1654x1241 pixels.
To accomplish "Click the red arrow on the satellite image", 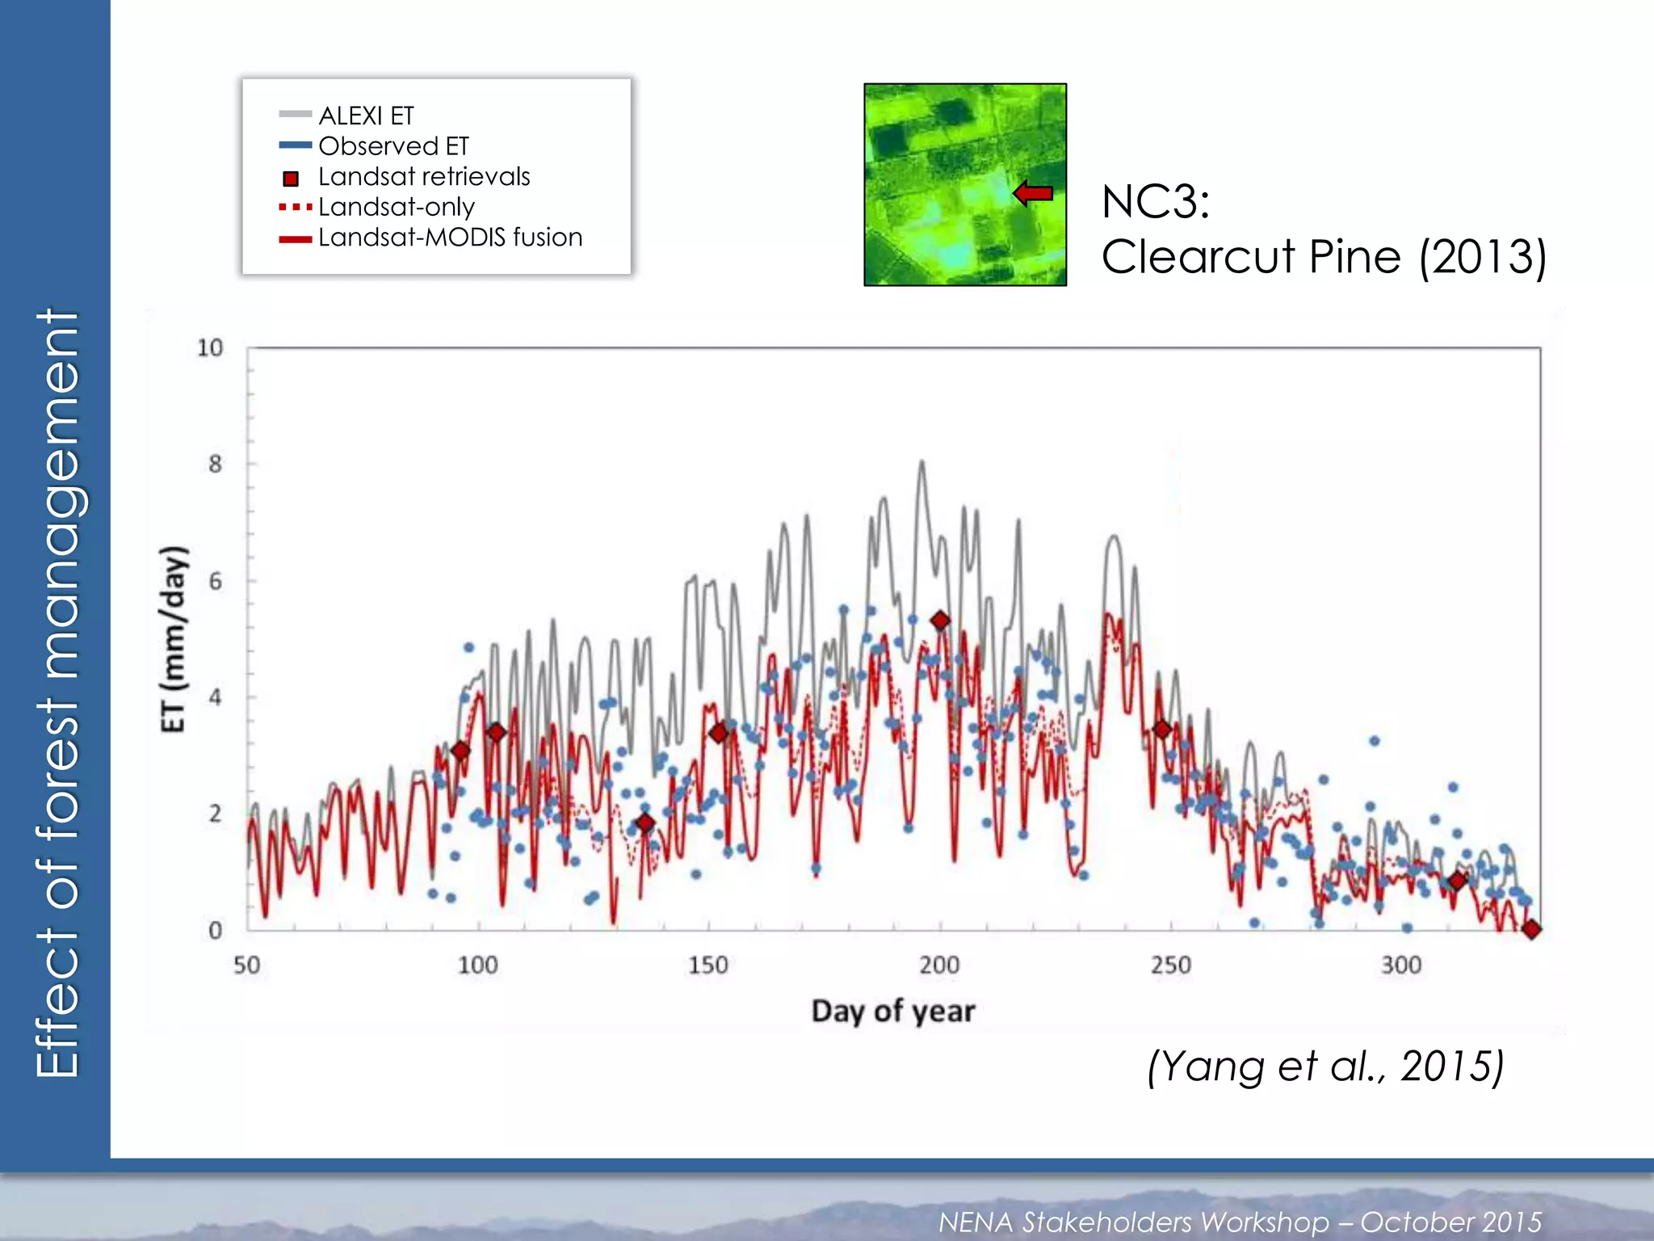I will click(x=1033, y=193).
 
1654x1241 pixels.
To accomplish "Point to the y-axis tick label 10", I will click(x=210, y=348).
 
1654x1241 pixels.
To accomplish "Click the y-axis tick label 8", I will click(x=215, y=465).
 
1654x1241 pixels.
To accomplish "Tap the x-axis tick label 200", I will click(x=939, y=965).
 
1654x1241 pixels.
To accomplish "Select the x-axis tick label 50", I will click(x=247, y=965).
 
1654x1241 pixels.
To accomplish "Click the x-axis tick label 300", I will click(x=1401, y=965).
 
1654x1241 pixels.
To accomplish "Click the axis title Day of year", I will click(x=893, y=1012).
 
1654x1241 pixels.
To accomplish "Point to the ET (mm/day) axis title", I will click(x=174, y=639).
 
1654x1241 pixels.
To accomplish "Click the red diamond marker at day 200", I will click(x=940, y=620).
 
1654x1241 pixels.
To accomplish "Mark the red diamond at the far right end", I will click(x=1531, y=929).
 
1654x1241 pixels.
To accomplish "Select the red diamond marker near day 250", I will click(x=1162, y=730).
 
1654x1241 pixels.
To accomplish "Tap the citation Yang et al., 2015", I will click(x=1325, y=1066).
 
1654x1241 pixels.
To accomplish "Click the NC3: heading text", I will click(x=1156, y=201).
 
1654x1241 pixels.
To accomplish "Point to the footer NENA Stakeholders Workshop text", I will click(x=1240, y=1222).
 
